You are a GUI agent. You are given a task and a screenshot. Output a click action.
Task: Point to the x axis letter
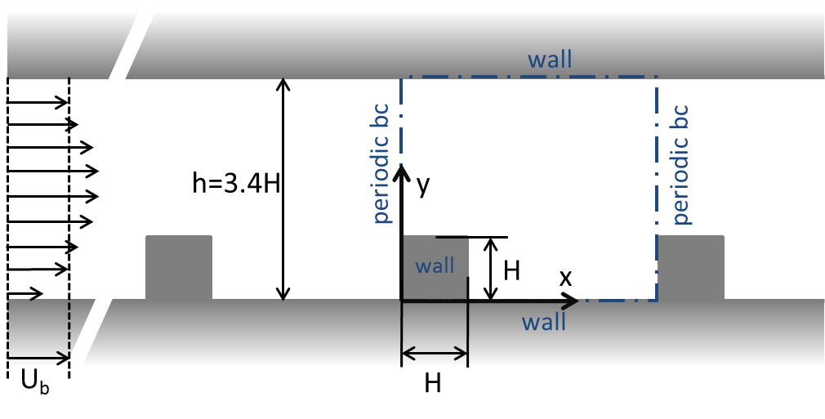(565, 278)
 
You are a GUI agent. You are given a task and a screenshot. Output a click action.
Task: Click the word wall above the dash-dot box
(550, 60)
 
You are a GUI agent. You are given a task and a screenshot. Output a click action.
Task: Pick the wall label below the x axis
(544, 322)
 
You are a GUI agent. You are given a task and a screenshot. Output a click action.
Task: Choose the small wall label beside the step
(435, 266)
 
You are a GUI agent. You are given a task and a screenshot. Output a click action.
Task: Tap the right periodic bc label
(680, 164)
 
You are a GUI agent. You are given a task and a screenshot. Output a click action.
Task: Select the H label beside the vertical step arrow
(512, 270)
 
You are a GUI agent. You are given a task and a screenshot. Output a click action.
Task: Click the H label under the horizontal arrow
(433, 383)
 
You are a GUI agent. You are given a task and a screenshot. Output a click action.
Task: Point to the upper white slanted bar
(125, 58)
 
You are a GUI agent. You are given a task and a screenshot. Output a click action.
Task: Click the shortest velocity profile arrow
(25, 292)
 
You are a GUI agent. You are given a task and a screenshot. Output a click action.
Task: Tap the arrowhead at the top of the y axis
(401, 172)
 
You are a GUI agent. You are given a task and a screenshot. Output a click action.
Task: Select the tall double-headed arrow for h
(283, 189)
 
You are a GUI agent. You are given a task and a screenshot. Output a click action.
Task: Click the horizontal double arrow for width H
(435, 354)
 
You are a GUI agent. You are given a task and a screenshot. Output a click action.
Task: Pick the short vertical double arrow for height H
(490, 269)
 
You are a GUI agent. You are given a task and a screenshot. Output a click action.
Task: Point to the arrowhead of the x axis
(573, 301)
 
